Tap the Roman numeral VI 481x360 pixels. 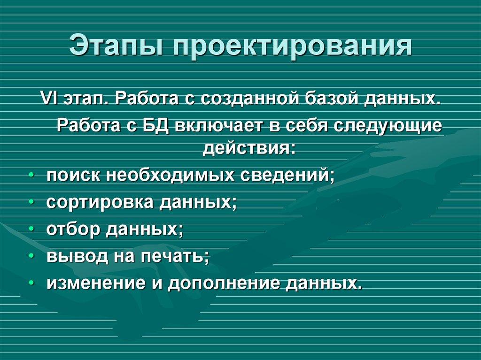[x=48, y=100]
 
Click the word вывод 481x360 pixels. [x=75, y=256]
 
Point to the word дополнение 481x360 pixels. [x=223, y=283]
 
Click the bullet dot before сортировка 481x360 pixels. [x=31, y=202]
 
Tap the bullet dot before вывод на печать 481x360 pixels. [x=31, y=256]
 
